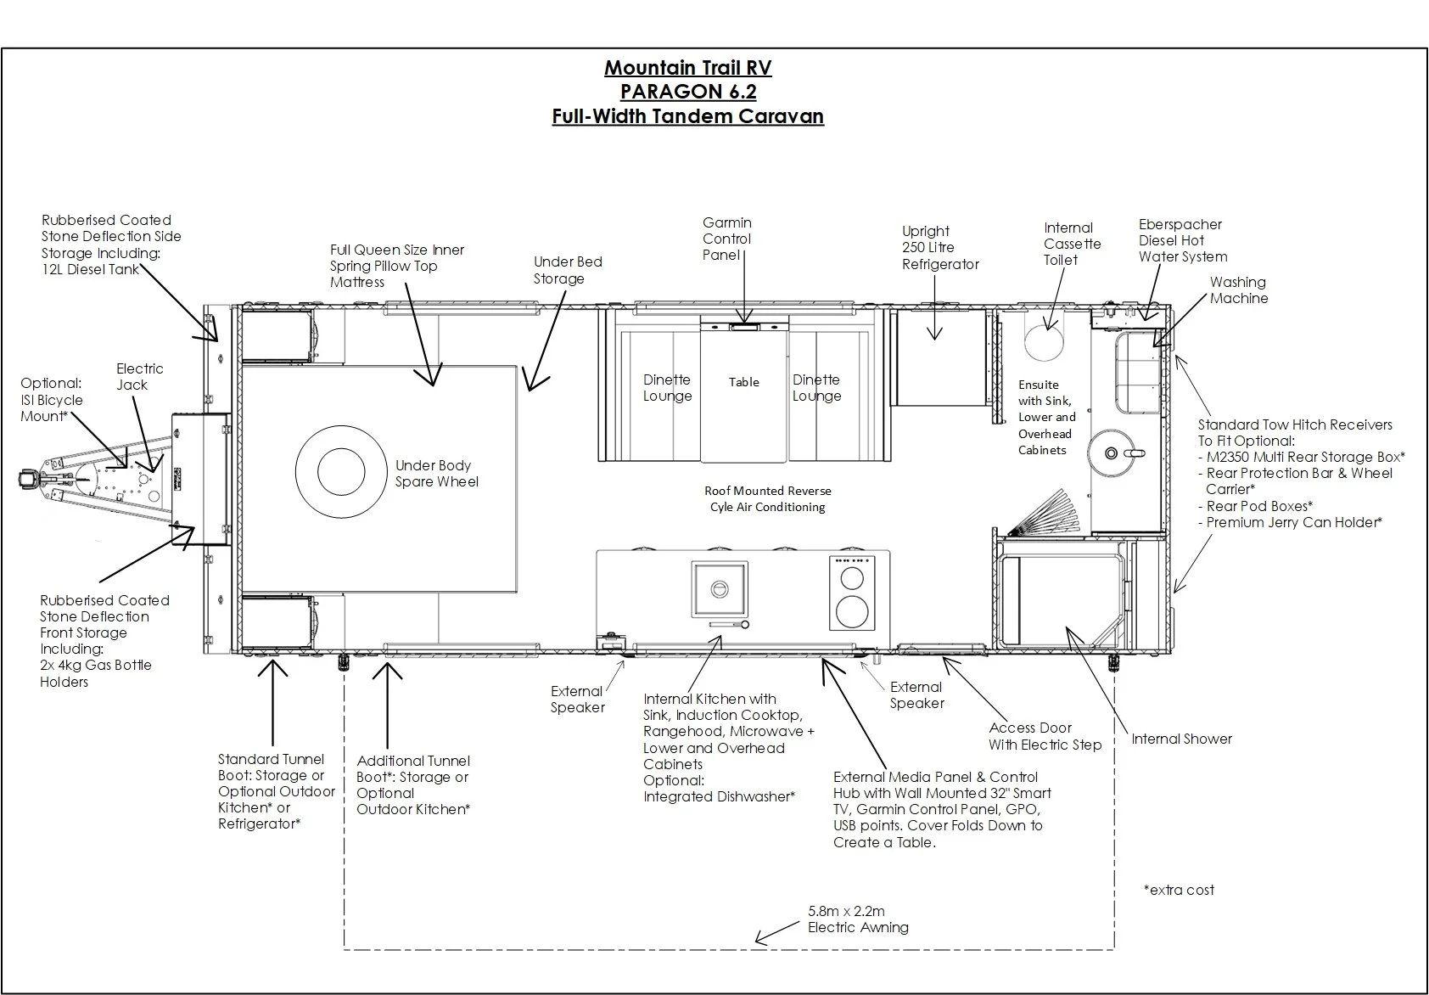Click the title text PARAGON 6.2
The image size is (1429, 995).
(x=688, y=92)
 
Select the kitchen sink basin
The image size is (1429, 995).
(x=720, y=588)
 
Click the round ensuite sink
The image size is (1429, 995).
(x=1112, y=453)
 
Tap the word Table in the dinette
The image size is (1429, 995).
(x=743, y=382)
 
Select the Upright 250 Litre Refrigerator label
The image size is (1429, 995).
(x=939, y=248)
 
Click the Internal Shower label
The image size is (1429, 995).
(x=1181, y=739)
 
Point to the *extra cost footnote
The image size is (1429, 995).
(x=1179, y=890)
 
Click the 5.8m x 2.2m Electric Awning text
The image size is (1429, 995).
(x=857, y=919)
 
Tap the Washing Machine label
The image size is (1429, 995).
(x=1238, y=290)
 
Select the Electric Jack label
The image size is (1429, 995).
(x=140, y=376)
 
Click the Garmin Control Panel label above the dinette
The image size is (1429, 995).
(x=726, y=239)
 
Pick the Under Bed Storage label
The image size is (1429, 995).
(x=567, y=270)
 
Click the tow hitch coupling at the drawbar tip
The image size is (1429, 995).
(x=28, y=480)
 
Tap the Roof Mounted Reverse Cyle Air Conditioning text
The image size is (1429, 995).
(x=767, y=499)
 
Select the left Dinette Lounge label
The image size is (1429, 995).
(x=667, y=388)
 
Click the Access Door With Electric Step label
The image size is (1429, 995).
(x=1045, y=736)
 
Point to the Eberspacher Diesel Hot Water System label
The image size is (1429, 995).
(x=1182, y=240)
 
